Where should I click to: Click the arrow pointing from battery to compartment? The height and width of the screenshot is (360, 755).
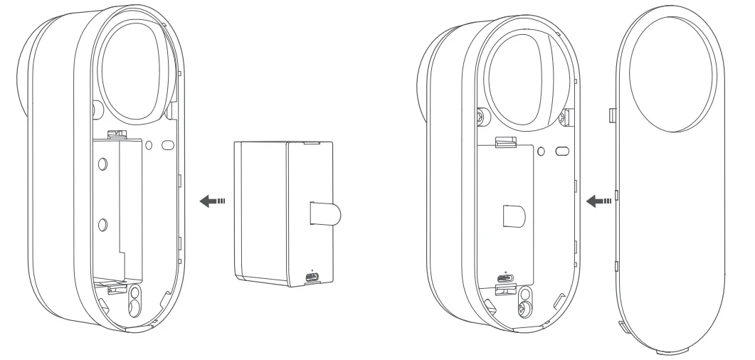coord(211,201)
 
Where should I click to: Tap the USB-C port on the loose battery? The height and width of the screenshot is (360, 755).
coord(312,277)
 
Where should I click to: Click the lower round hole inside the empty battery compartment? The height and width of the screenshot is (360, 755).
coord(103,225)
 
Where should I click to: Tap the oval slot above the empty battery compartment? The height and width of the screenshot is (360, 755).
coord(168,144)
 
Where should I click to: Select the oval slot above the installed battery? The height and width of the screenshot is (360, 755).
coord(561,152)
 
